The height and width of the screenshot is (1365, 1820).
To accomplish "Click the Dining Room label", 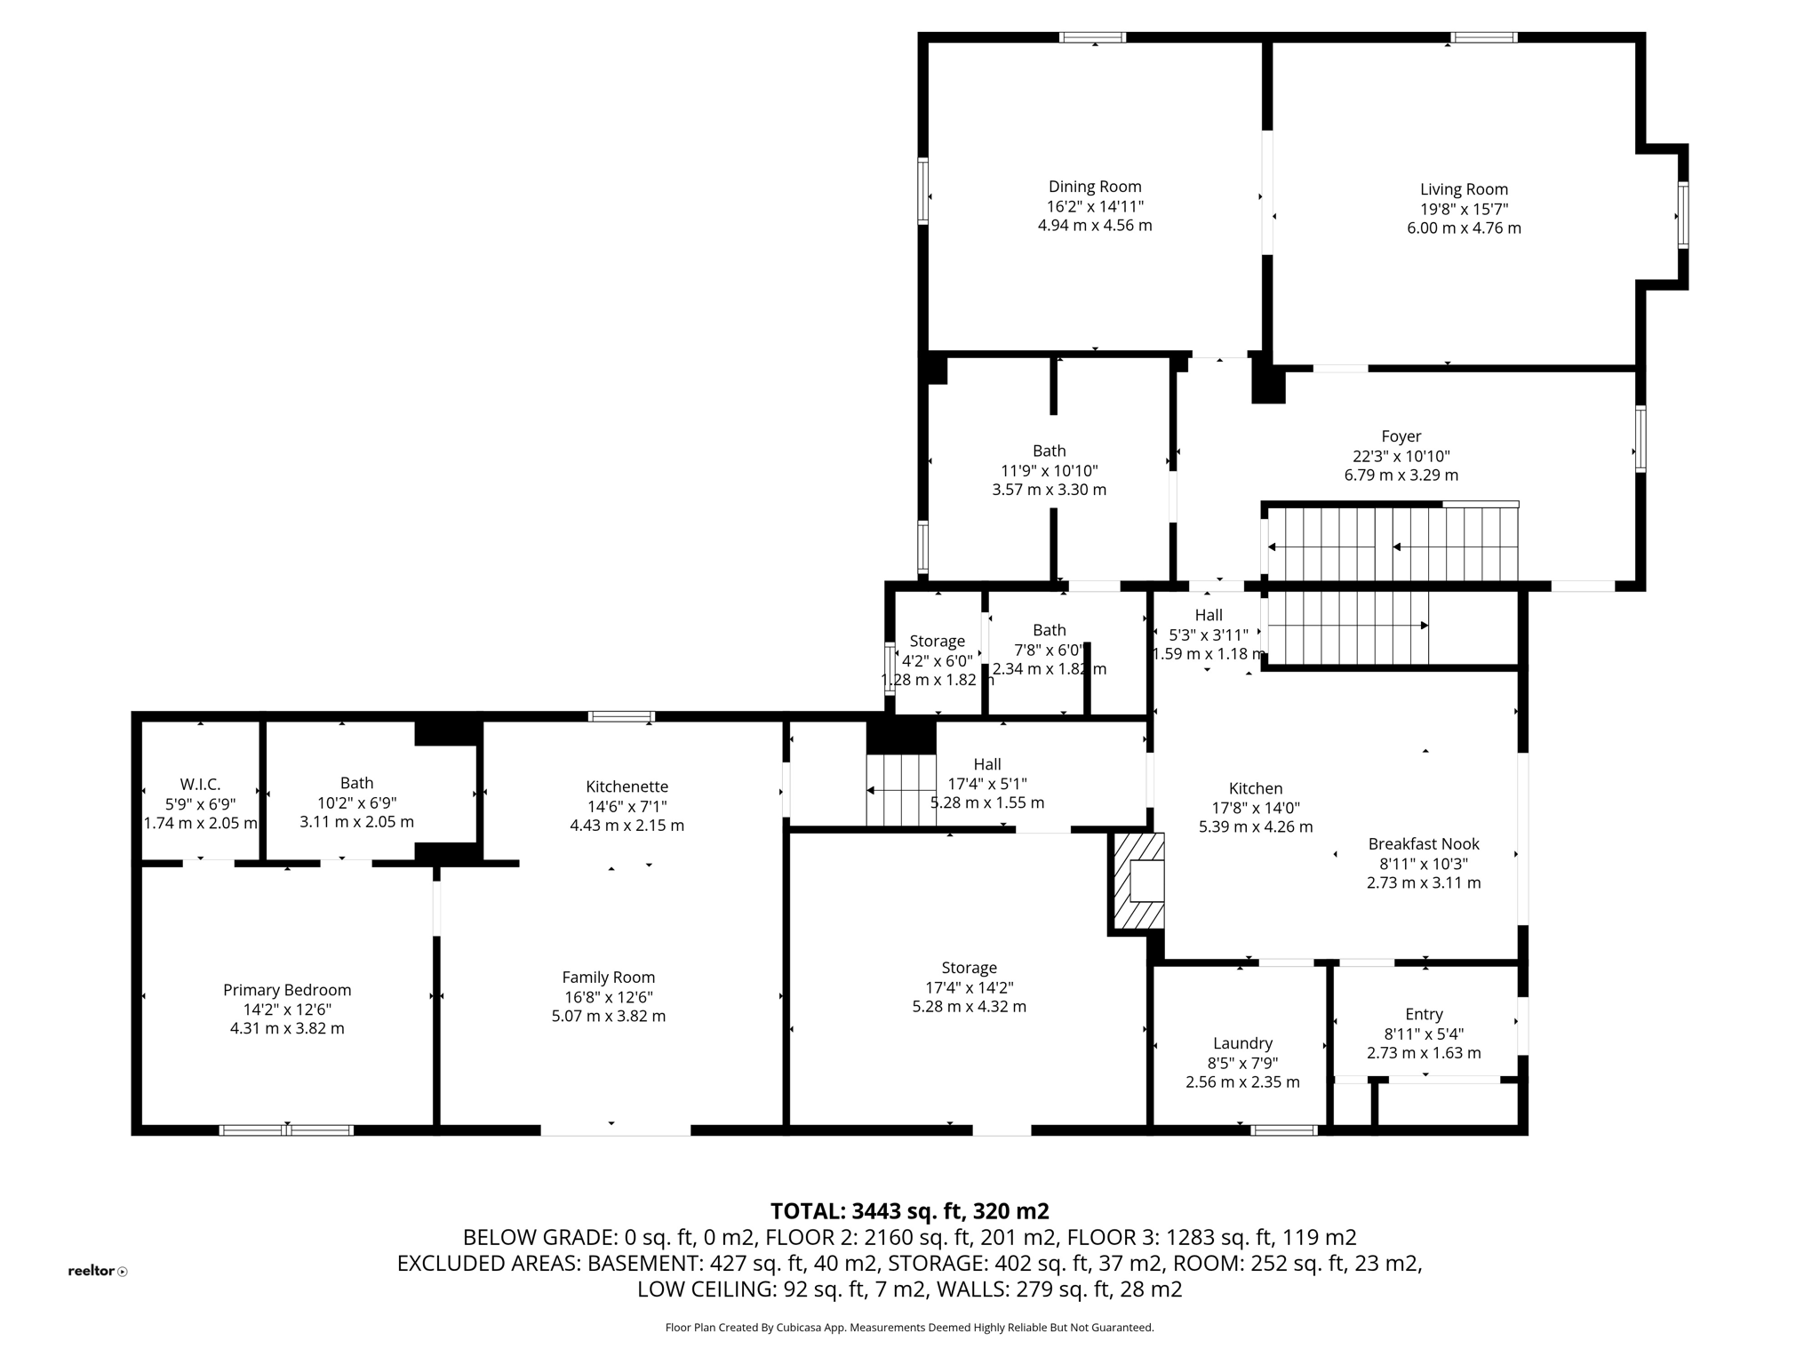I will click(1094, 187).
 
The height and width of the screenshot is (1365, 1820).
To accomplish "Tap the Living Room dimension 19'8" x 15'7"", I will click(1463, 209).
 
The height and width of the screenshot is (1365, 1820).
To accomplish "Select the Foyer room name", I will click(1401, 436).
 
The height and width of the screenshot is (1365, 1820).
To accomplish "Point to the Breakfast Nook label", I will click(1423, 844).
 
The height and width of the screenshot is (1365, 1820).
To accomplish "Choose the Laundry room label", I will click(1242, 1043).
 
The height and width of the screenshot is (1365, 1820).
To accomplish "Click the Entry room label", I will click(1423, 1014).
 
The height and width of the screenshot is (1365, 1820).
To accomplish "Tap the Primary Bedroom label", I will click(287, 990).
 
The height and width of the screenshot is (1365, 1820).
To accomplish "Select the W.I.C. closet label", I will click(200, 785).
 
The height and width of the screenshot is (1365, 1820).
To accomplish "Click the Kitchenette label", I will click(627, 786).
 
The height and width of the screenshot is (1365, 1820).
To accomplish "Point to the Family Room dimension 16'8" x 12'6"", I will click(608, 997).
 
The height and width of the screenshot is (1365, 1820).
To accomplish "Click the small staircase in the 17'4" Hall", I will click(900, 790).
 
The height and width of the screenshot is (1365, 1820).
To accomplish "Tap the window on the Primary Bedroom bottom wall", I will click(286, 1130).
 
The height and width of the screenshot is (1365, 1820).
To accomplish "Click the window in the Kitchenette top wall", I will click(621, 716).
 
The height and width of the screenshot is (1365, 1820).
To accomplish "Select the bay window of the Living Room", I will click(1682, 215).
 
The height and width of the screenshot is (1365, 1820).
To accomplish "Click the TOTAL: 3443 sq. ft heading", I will click(909, 1211).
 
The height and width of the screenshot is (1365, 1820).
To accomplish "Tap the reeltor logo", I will click(97, 1271).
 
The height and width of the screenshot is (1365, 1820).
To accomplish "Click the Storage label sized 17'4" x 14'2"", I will click(969, 968).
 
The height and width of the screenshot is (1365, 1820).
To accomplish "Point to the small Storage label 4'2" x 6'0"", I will click(937, 642).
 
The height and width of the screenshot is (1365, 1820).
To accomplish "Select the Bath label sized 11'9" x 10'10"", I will click(1049, 451).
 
